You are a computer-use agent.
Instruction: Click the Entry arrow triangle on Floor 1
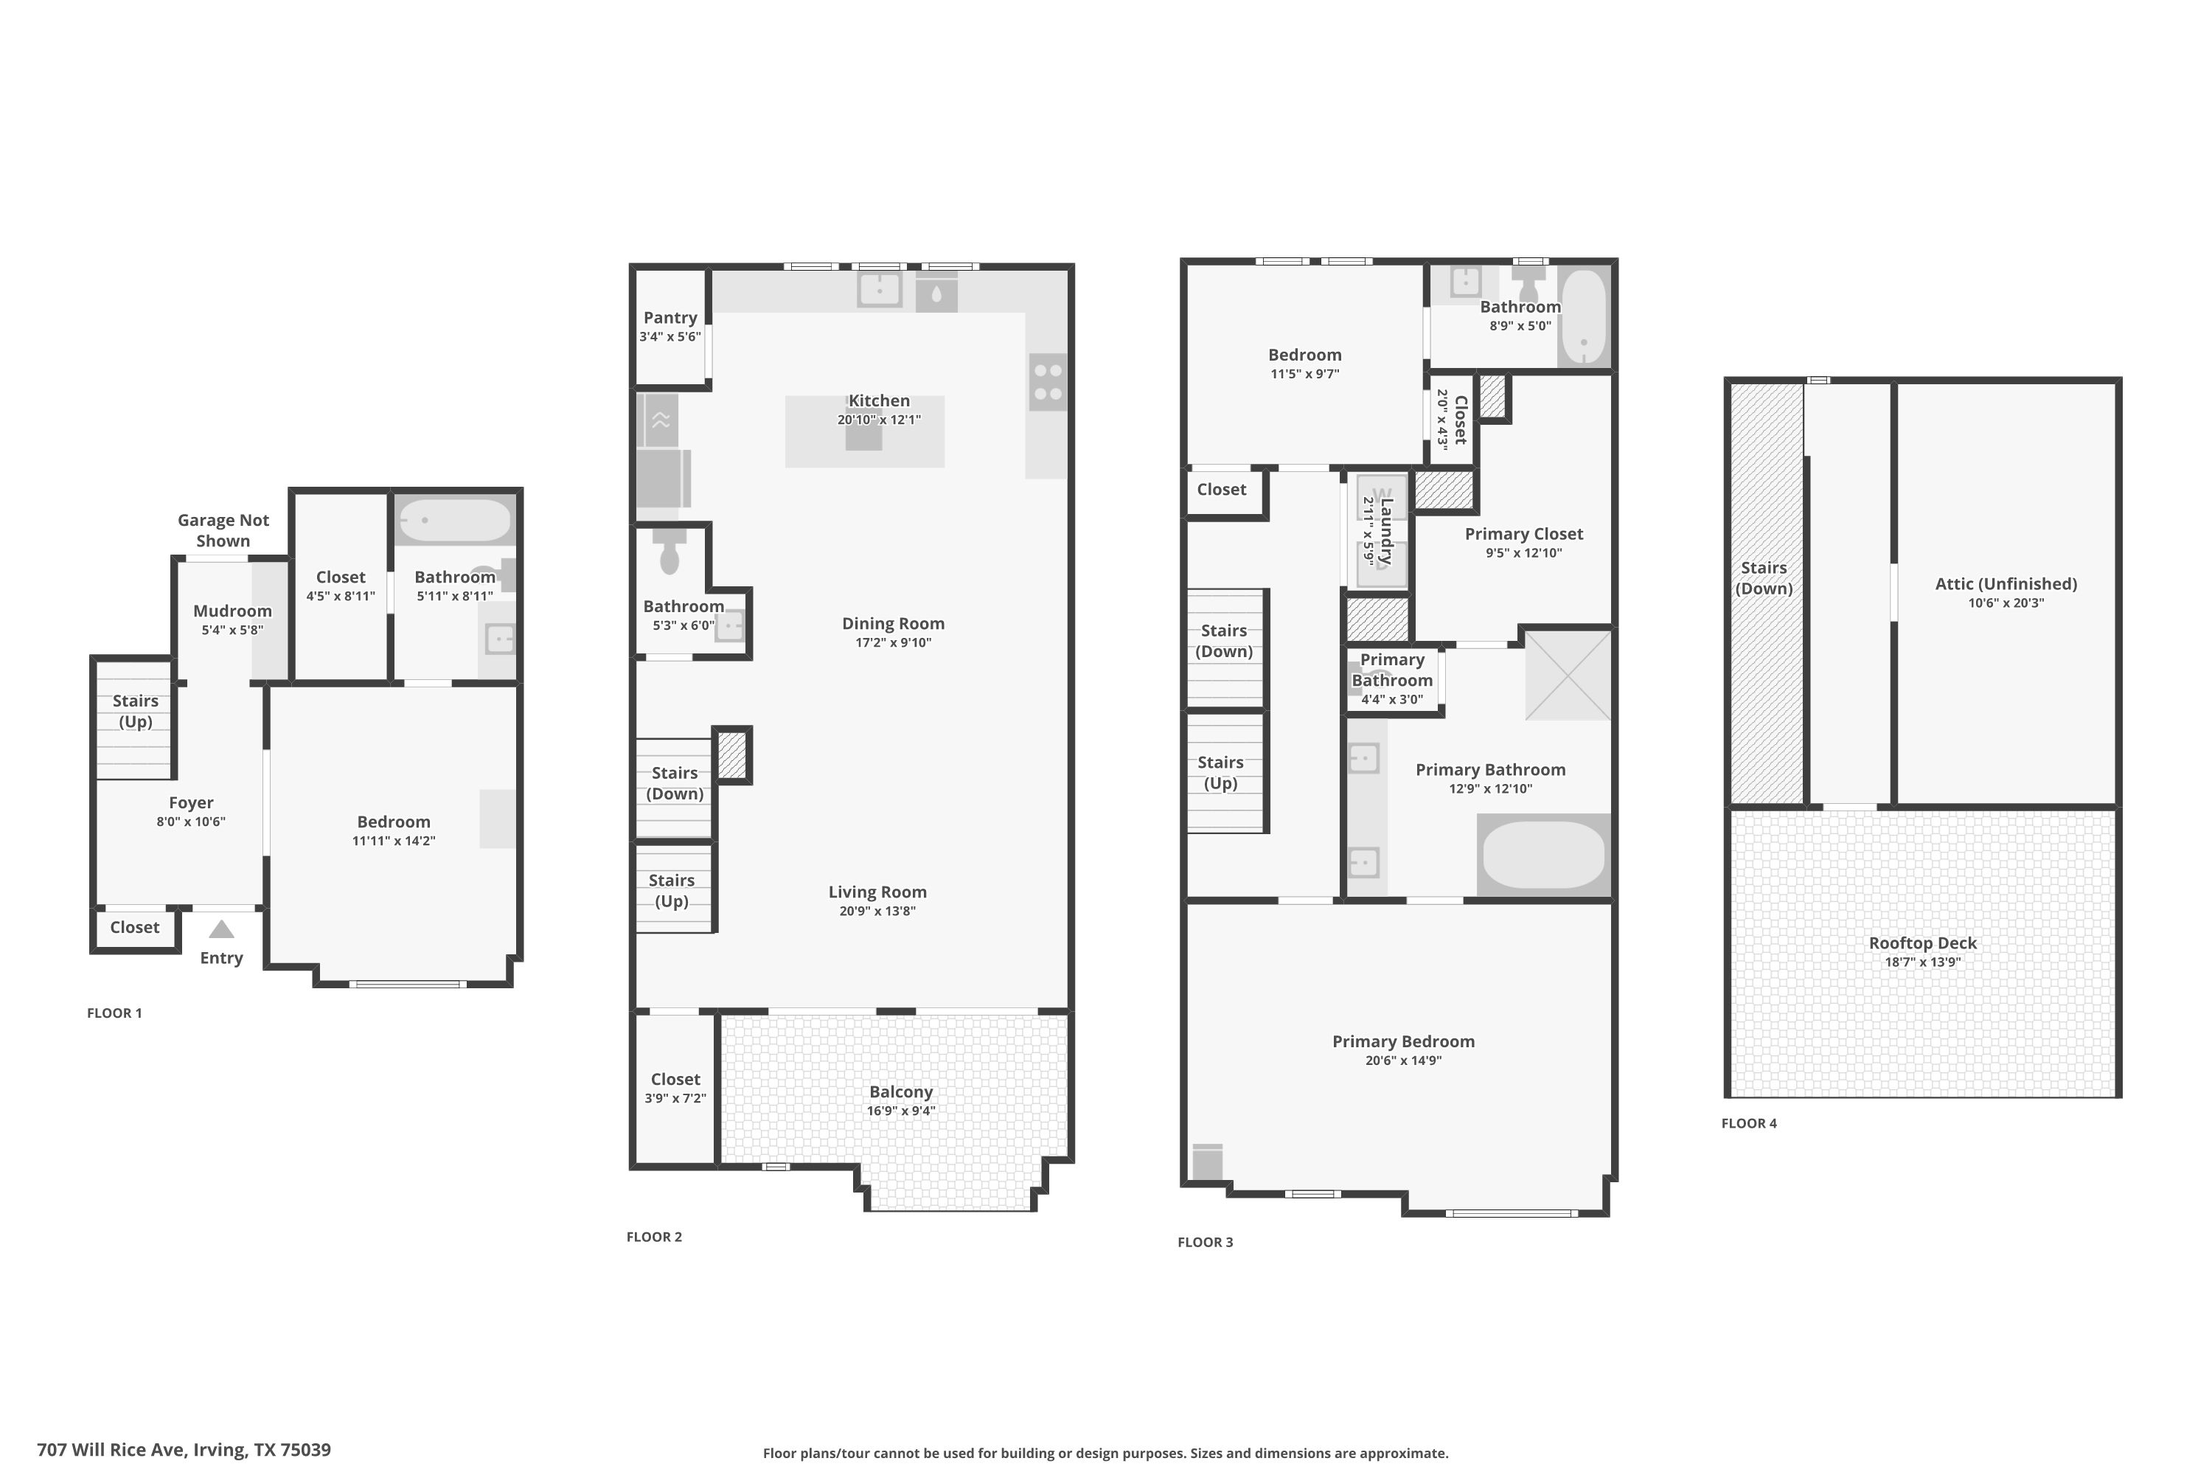(221, 929)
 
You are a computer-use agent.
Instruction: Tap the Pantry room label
(669, 318)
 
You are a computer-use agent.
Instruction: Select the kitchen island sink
(863, 437)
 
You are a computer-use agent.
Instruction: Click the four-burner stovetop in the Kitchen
(1048, 382)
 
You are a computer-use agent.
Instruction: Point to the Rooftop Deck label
(1921, 943)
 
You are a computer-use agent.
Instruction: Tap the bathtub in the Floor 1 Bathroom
(454, 520)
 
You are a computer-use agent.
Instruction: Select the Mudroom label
(232, 611)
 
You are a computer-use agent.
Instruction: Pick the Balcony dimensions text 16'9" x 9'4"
(900, 1111)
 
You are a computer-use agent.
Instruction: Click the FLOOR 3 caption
(1205, 1242)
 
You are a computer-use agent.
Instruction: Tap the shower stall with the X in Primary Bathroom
(1567, 676)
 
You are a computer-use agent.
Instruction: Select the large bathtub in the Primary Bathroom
(1543, 855)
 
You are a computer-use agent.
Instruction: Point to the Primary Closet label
(1523, 533)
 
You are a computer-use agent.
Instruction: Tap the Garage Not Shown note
(223, 530)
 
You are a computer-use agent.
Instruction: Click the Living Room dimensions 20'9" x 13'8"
(877, 911)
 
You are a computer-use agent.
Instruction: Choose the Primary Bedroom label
(1402, 1041)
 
